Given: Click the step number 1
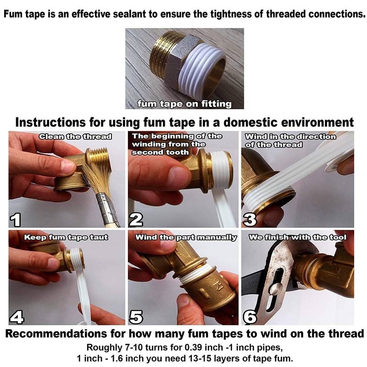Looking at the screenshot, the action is [x=16, y=220].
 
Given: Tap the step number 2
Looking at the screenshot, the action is [x=136, y=220].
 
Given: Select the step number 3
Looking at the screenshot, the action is [x=250, y=220].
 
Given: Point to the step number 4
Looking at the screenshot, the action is [x=17, y=317].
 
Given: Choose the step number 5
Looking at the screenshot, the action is [x=136, y=317].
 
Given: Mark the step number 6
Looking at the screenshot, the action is [x=250, y=317].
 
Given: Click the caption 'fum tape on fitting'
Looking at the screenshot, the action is [x=184, y=104].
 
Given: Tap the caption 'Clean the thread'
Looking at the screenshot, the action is [x=75, y=136].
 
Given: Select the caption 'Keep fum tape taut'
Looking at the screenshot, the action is [x=66, y=237].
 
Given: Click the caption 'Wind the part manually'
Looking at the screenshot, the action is [x=186, y=237].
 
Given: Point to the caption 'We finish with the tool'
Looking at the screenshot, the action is [x=297, y=237].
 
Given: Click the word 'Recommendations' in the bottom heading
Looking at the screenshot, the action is [x=56, y=334].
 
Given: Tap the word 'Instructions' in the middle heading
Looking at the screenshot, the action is [x=50, y=122].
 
